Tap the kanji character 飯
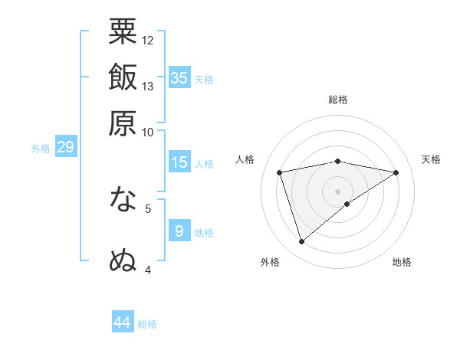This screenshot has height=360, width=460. click(x=123, y=78)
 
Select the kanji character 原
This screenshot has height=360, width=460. click(x=123, y=123)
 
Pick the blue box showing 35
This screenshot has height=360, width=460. click(x=179, y=77)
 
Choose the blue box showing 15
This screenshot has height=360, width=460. click(x=179, y=162)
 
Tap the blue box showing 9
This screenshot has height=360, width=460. click(x=179, y=231)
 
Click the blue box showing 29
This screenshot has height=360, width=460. click(x=65, y=147)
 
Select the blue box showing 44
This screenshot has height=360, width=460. click(x=123, y=322)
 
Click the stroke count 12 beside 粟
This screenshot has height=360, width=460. click(x=148, y=40)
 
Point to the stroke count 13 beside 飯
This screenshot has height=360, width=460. click(x=148, y=86)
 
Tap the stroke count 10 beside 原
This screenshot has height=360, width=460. click(x=148, y=131)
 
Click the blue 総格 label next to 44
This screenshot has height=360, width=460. click(x=147, y=324)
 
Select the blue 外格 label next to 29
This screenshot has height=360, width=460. click(x=40, y=149)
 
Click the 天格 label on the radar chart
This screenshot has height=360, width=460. click(x=431, y=159)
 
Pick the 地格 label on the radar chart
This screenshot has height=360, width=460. click(x=402, y=262)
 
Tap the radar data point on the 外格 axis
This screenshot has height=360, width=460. click(x=301, y=242)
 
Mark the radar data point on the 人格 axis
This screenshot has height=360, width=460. click(x=280, y=172)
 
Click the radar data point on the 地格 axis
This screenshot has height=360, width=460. click(x=347, y=204)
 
